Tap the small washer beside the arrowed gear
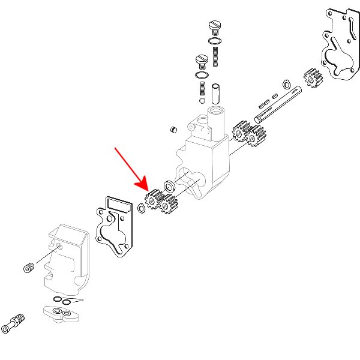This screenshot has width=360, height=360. (142, 208)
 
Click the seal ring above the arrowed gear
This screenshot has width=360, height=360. (170, 184)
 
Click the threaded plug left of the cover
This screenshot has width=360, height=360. (28, 268)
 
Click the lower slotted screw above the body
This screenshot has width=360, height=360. (201, 60)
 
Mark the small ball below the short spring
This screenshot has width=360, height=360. (201, 100)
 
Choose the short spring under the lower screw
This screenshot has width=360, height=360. (201, 88)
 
